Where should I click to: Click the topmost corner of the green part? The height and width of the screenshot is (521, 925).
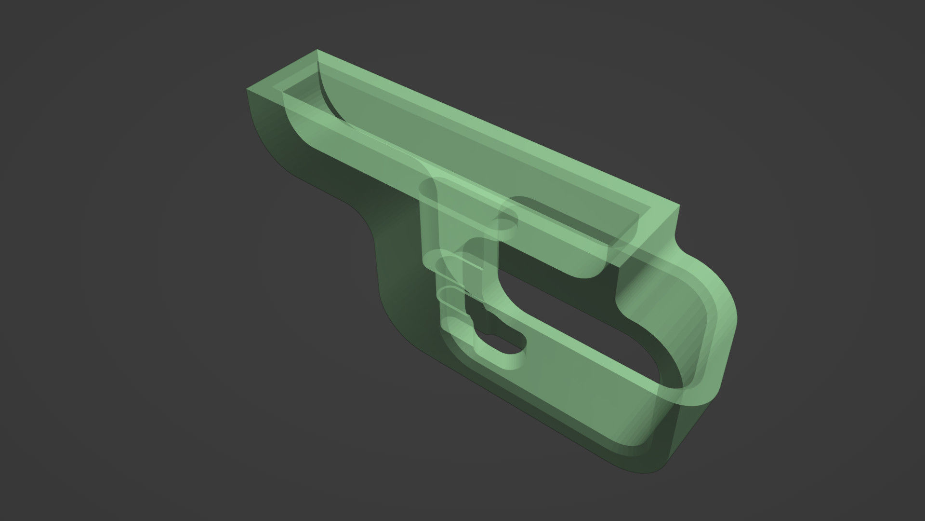(x=317, y=49)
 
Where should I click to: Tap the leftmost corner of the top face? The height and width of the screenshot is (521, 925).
(x=247, y=89)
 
